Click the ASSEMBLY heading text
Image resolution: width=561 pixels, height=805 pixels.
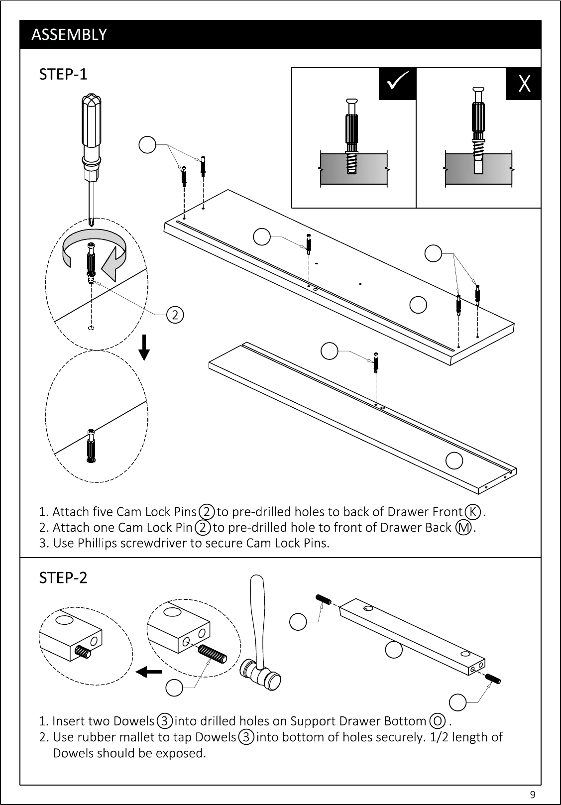coord(69,34)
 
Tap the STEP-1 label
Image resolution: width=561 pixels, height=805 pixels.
coord(63,74)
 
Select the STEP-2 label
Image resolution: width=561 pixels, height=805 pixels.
coord(63,578)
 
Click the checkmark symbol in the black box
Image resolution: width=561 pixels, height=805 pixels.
coord(398,80)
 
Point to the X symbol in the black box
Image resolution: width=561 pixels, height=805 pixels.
coord(524,84)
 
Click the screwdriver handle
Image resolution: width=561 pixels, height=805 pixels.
coord(91,129)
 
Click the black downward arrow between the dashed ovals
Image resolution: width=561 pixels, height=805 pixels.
coord(144,347)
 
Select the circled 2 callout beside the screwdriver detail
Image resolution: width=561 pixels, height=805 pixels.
coord(175,315)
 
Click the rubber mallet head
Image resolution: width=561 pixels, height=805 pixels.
coord(261,675)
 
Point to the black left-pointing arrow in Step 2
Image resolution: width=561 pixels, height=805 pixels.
coord(149,671)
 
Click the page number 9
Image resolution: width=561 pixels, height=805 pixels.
coord(533,794)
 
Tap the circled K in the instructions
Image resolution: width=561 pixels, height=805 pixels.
coord(473,512)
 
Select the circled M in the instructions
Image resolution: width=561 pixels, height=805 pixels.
coord(463,528)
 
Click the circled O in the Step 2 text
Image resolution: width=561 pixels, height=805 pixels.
coord(438,721)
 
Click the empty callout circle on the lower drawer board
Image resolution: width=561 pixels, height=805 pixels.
coord(454,460)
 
